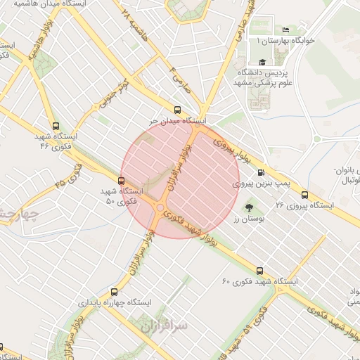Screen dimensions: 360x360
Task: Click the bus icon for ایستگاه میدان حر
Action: coord(176,110)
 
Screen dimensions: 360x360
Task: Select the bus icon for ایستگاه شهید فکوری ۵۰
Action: coord(121,180)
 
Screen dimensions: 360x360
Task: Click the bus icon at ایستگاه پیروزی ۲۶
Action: coord(304,195)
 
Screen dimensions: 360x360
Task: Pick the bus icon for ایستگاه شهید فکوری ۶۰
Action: coord(259,270)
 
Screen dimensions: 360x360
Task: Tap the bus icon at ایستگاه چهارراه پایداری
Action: coord(115,291)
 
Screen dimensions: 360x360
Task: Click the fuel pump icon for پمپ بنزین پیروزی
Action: coord(262,172)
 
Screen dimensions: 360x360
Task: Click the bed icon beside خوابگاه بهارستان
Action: coord(285,30)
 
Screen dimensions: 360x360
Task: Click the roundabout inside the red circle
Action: coord(160,207)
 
